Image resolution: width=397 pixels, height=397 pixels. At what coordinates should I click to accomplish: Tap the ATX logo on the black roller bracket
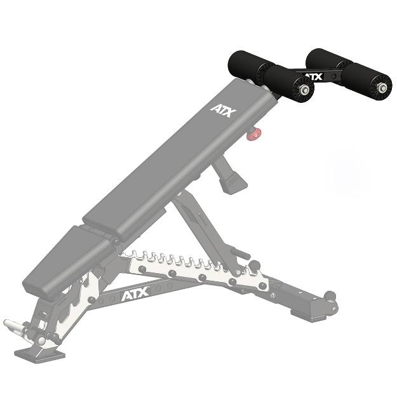pyautogui.click(x=313, y=77)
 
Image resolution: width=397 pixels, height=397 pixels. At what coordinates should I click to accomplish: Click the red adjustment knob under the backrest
pyautogui.click(x=254, y=133)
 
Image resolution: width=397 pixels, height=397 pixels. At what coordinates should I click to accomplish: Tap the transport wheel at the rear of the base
pyautogui.click(x=329, y=296)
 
